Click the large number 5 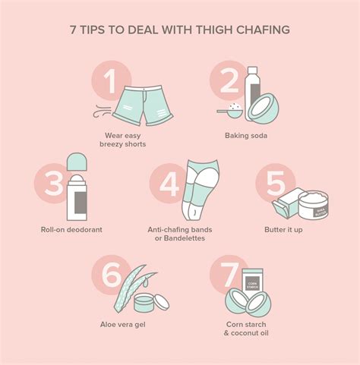[x=272, y=184]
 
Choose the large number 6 [x=111, y=275]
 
